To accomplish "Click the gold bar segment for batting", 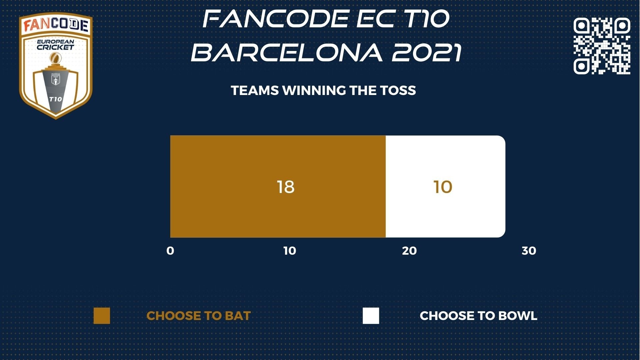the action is (278, 186).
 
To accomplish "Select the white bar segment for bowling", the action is (445, 186).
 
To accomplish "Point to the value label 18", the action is (286, 187).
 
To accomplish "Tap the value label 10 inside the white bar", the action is (443, 187).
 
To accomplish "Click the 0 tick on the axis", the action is (170, 251).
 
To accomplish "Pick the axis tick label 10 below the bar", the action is (290, 251).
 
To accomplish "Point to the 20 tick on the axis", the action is (409, 251).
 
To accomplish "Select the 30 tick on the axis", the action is (529, 251).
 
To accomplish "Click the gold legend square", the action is (102, 316).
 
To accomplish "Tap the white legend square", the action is (371, 316).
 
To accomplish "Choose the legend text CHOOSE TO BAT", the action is (199, 316).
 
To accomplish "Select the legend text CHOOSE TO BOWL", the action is (478, 316).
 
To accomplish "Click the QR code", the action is (602, 46).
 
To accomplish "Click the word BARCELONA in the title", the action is (287, 53).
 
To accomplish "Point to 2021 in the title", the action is (427, 53).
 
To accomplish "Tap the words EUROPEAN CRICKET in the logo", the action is (55, 45).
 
